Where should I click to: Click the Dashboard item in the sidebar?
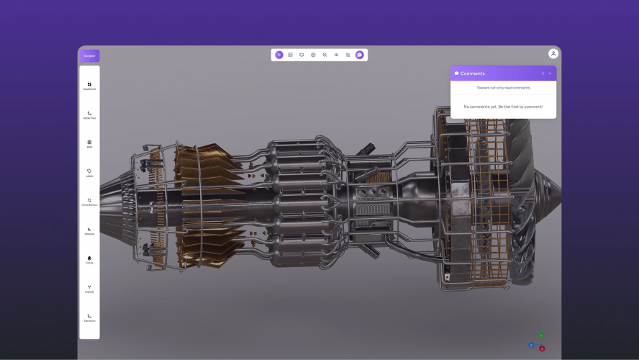(89, 86)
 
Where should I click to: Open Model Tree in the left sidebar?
(89, 114)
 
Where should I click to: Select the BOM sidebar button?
(89, 143)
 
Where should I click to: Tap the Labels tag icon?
(89, 171)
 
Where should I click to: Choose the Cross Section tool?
(89, 201)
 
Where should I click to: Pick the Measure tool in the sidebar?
(89, 230)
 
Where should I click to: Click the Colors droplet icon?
(89, 258)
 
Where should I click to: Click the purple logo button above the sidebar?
(89, 55)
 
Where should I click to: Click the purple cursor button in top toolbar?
(278, 55)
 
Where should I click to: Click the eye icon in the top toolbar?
(336, 55)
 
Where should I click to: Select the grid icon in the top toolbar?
(290, 55)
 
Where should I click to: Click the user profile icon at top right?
(553, 54)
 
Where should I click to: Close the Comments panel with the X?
(550, 73)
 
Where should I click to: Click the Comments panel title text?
(472, 73)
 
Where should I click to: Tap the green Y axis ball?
(541, 336)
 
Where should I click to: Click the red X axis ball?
(542, 348)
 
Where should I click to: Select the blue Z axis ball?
(531, 346)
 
